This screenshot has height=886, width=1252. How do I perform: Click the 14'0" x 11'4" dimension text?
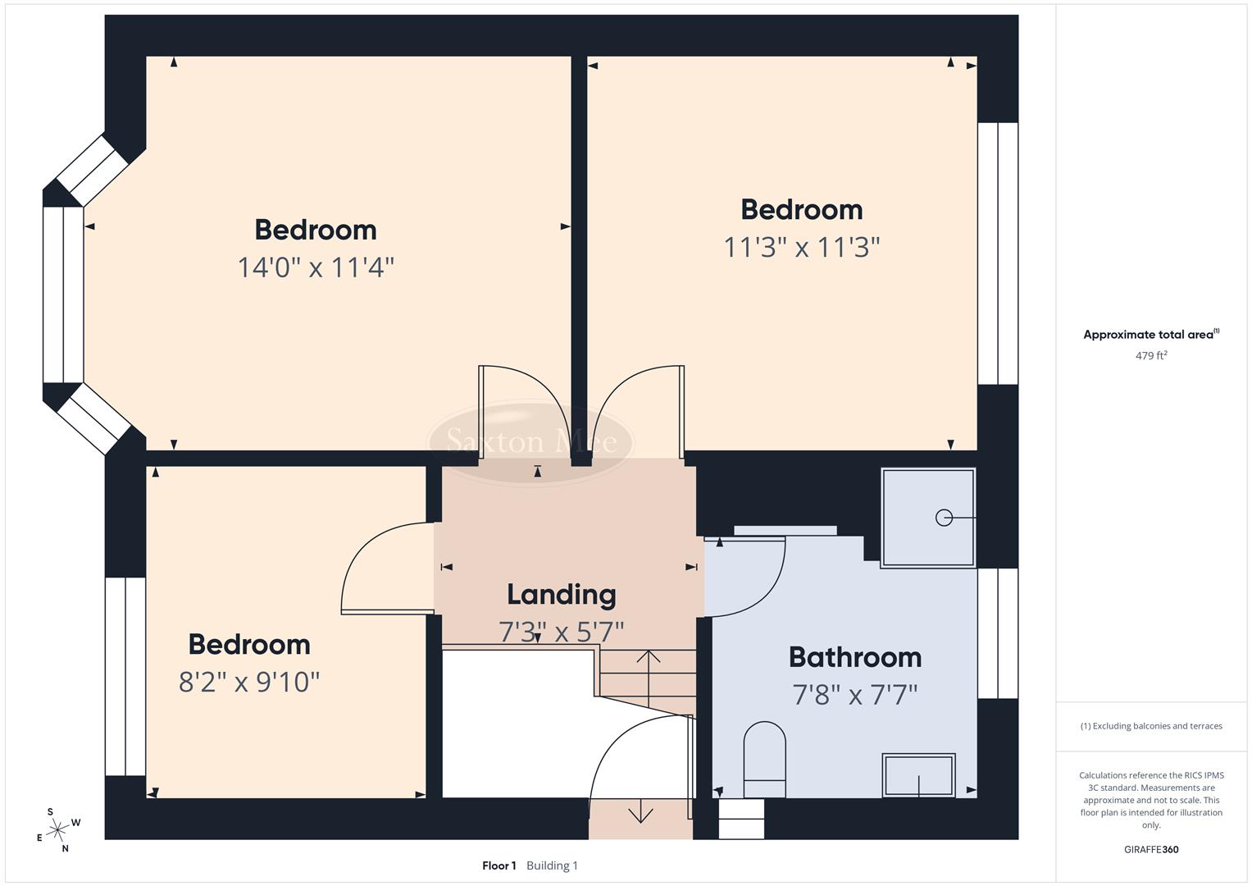[316, 267]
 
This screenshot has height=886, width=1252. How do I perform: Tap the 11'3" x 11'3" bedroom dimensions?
[801, 247]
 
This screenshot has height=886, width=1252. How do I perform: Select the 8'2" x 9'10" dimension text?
[249, 682]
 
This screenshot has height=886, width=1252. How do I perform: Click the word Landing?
[561, 595]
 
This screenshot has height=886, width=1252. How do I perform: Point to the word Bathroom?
[854, 657]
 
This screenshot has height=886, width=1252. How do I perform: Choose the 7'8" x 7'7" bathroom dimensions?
[854, 695]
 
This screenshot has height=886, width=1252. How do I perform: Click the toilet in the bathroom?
[764, 759]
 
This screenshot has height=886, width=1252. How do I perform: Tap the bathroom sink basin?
[918, 774]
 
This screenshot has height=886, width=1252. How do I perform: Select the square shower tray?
[927, 518]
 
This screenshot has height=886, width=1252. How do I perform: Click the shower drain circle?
[944, 518]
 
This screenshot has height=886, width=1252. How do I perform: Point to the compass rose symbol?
[57, 830]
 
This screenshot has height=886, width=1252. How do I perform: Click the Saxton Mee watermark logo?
[531, 442]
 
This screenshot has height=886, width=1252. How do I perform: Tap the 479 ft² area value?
[1151, 356]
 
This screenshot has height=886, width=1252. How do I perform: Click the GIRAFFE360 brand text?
[1151, 849]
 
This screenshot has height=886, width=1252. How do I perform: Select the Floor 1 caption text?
[499, 865]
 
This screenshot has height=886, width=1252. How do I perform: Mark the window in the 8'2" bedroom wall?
[125, 676]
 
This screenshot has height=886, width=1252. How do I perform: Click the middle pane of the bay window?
[63, 295]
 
